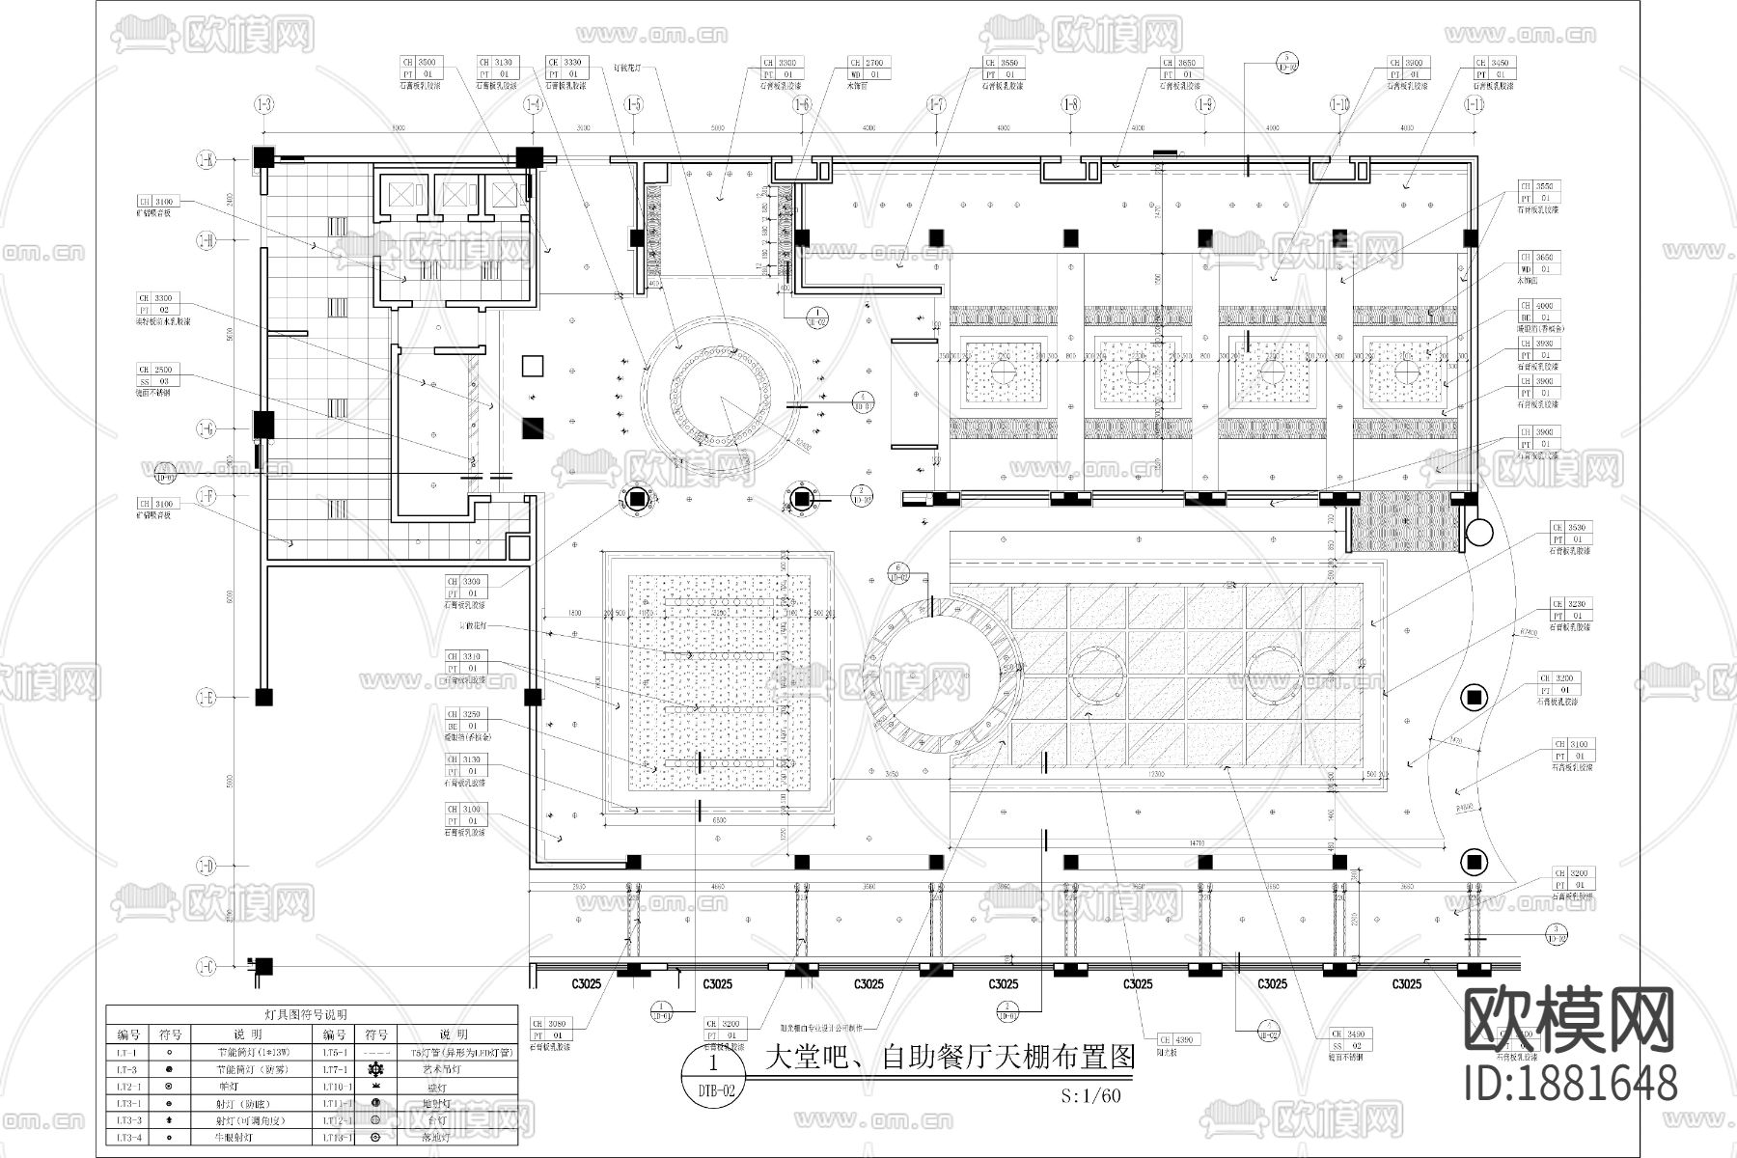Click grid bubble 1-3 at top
(262, 104)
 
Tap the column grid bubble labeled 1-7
(934, 104)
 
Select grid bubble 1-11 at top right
(1473, 104)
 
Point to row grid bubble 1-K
(206, 161)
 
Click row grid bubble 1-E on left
(206, 696)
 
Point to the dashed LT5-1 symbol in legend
(378, 1053)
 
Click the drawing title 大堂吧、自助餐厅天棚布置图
(948, 1057)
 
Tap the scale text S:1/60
(1089, 1095)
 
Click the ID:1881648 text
(1570, 1084)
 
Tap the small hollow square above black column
(532, 366)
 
